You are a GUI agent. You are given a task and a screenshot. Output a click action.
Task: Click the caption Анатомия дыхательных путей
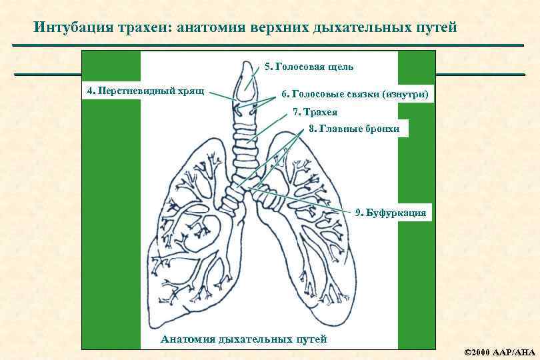tap(244, 339)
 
